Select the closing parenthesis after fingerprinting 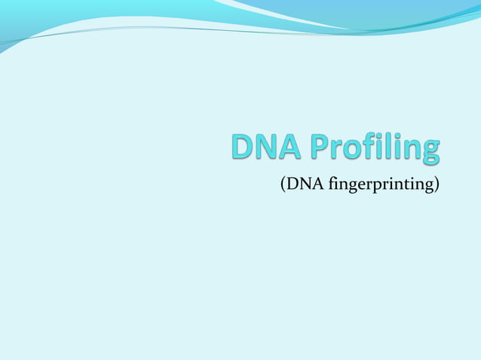(437, 185)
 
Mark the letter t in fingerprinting (409, 185)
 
